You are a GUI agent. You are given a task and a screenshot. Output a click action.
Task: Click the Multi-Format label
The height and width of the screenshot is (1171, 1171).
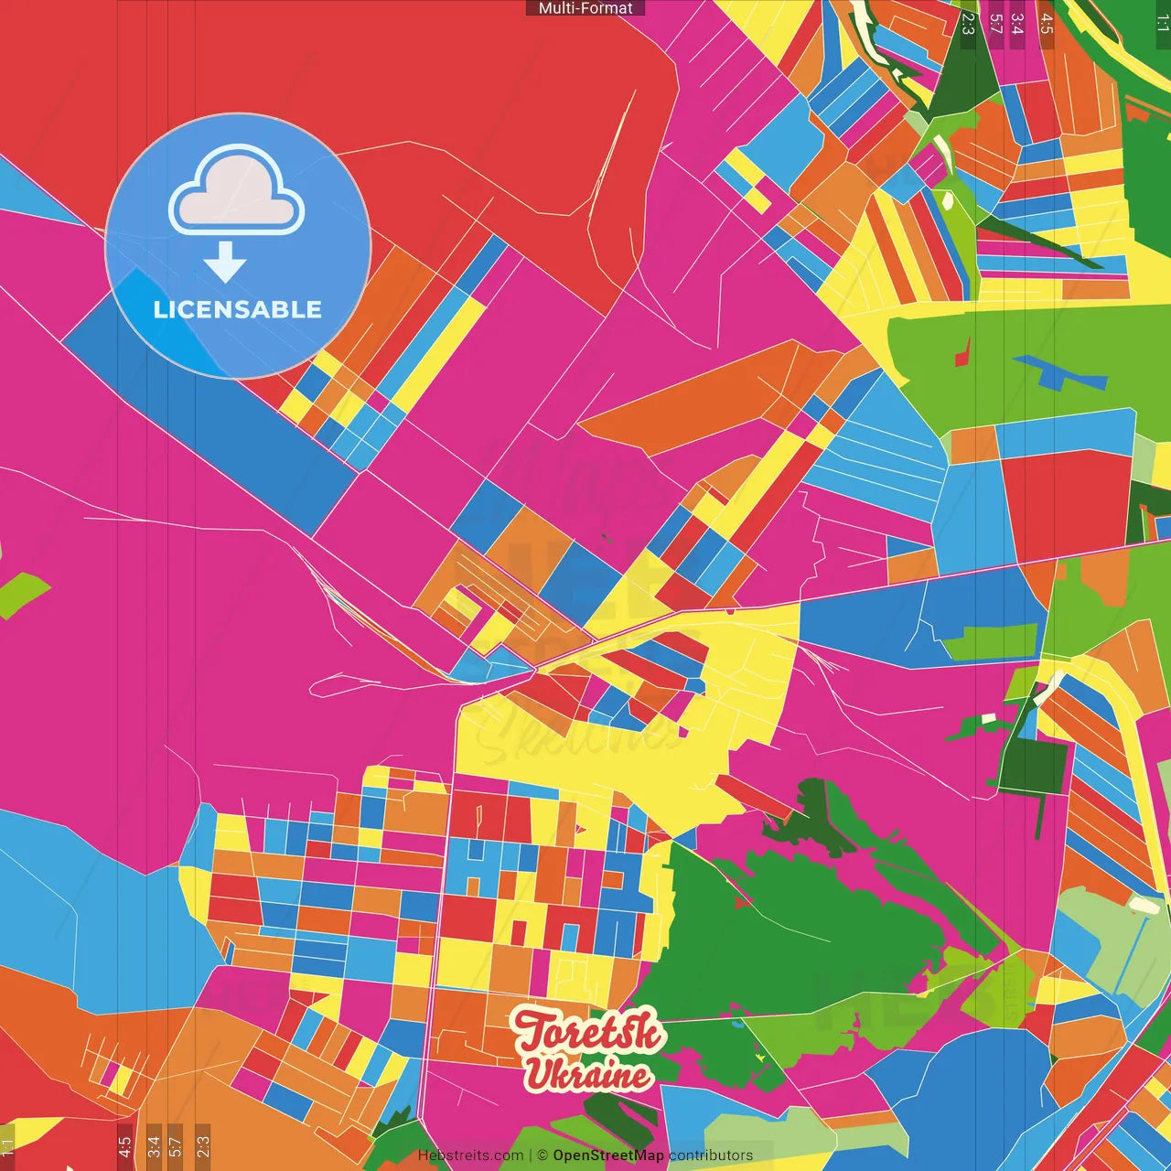(x=585, y=8)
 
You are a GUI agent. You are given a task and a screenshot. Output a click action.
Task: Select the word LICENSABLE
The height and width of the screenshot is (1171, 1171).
(x=238, y=309)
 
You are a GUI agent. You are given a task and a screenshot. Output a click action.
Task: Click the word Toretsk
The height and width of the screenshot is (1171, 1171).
(x=587, y=1032)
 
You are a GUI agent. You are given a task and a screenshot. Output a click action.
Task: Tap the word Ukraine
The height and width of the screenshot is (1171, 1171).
(x=587, y=1074)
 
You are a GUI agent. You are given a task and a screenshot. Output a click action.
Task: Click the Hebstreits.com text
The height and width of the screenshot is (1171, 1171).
(x=470, y=1155)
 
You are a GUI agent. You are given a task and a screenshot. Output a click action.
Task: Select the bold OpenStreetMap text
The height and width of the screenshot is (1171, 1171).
(x=607, y=1155)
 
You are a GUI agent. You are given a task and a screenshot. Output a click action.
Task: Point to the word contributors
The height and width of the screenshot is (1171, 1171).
(x=711, y=1155)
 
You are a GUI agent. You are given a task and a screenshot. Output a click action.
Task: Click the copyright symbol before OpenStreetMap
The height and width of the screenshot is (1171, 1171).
(x=543, y=1155)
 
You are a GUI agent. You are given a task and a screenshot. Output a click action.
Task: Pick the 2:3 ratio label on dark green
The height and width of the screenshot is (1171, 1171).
(x=968, y=24)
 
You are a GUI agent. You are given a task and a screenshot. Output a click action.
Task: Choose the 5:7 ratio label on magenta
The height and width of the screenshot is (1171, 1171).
(x=995, y=24)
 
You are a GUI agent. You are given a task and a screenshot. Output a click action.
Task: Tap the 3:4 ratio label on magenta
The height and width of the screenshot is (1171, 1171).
(x=1017, y=24)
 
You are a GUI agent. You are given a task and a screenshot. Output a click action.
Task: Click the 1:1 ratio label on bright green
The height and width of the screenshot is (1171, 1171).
(x=1162, y=24)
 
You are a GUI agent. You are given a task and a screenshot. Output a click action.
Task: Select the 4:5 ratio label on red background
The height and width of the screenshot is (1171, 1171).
(x=124, y=1147)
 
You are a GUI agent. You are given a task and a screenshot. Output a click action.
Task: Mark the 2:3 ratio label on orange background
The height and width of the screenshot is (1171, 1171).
(x=202, y=1147)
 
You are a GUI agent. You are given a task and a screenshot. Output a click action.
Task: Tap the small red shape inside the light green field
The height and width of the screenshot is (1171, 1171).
(x=962, y=351)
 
